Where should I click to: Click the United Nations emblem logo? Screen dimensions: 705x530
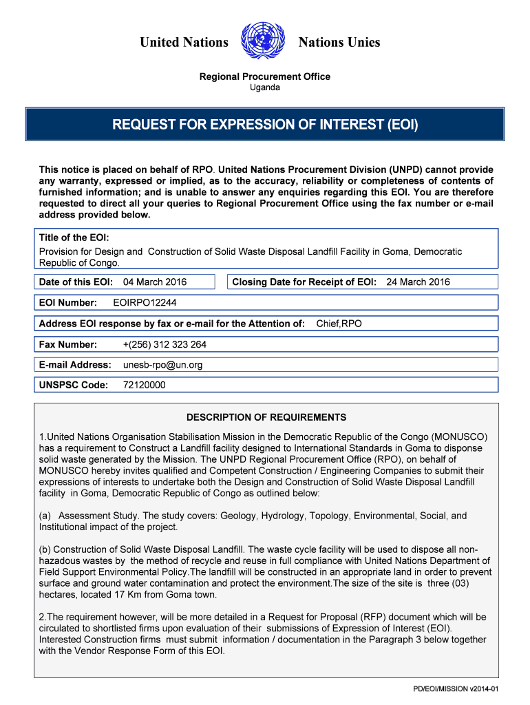click(264, 42)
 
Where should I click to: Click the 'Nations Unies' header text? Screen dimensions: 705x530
click(339, 43)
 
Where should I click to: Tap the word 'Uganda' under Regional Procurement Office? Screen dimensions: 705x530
click(264, 87)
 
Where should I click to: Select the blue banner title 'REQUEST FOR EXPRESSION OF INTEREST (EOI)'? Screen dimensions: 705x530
click(265, 125)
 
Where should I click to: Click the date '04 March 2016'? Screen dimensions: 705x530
click(155, 282)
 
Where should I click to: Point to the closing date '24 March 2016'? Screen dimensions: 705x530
click(418, 282)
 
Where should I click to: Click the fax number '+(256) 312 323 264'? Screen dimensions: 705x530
click(165, 344)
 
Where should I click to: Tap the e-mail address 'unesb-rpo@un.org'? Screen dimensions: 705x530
click(162, 365)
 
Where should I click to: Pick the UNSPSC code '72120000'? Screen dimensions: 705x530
click(144, 386)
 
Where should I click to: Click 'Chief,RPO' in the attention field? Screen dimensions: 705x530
click(339, 324)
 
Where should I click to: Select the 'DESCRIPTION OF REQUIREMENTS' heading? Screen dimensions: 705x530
click(266, 417)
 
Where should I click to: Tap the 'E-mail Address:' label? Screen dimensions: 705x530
click(75, 365)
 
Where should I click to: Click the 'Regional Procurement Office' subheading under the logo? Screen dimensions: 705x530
click(264, 76)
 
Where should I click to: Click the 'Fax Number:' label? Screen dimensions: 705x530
click(68, 344)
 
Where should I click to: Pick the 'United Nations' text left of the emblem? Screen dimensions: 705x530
click(184, 43)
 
